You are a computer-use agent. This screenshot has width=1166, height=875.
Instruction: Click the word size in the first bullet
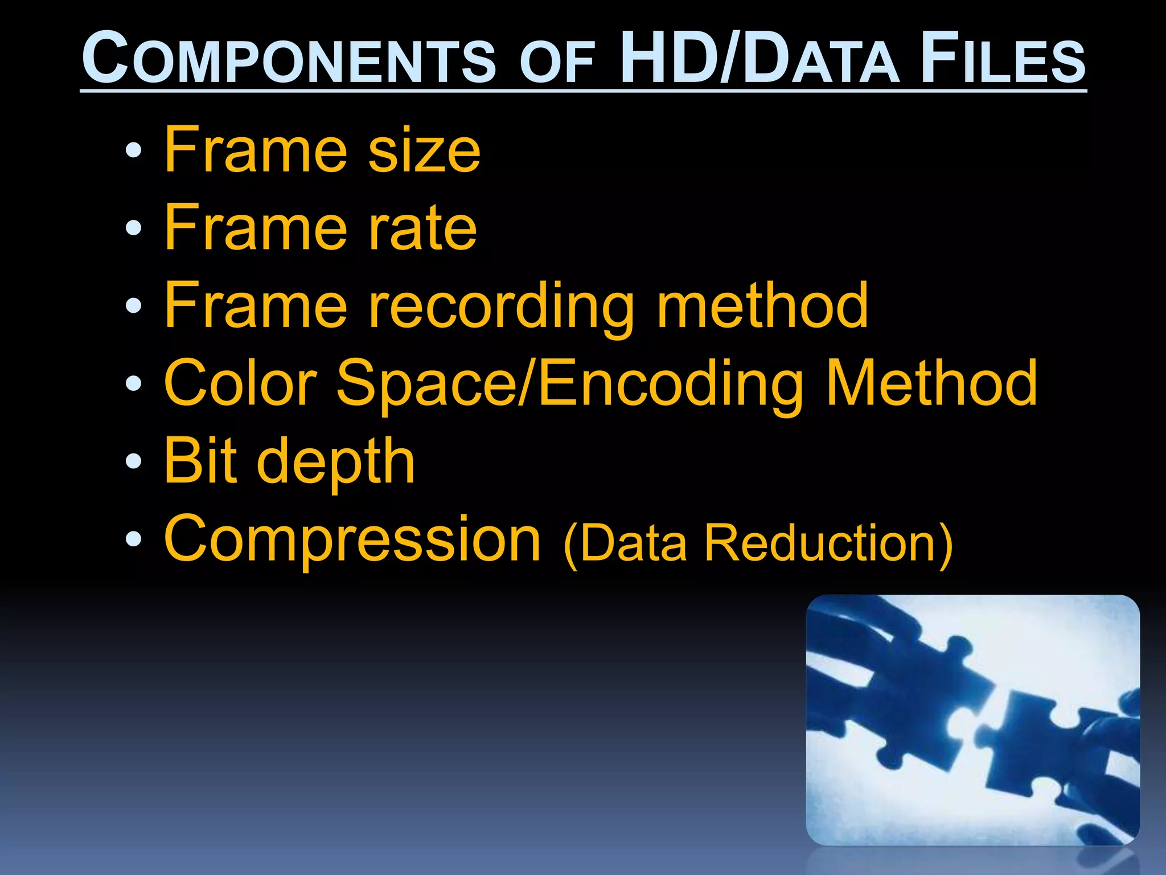[424, 150]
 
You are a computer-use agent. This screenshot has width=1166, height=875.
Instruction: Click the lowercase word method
[762, 306]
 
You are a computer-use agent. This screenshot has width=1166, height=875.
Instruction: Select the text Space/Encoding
[569, 385]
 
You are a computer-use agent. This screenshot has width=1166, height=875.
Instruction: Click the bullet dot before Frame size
[133, 150]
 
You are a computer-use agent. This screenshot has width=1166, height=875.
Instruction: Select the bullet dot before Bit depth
[133, 461]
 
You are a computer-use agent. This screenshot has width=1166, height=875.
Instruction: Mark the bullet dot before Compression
[133, 538]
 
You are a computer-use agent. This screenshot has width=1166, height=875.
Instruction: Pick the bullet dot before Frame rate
[133, 228]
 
